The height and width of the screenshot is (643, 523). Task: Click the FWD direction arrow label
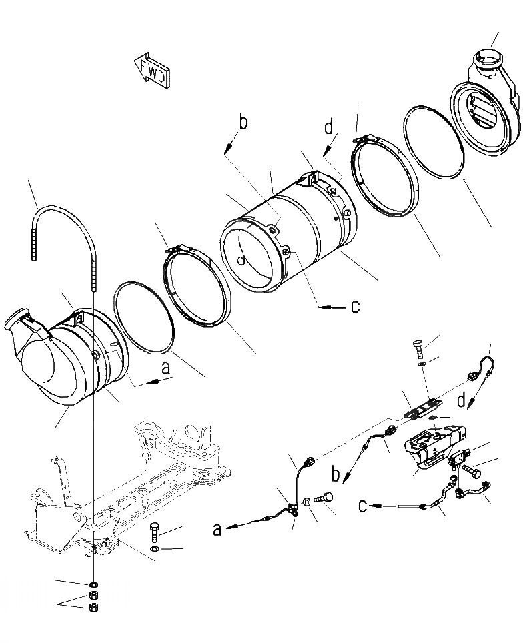point(151,70)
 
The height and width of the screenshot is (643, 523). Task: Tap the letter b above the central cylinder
point(243,123)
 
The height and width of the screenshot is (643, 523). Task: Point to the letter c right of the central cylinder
point(355,307)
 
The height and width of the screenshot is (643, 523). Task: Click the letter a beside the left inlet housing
point(167,367)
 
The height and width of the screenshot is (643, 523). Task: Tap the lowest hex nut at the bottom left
point(94,607)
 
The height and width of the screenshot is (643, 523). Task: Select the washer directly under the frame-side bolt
point(155,549)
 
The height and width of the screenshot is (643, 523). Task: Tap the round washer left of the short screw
point(306,500)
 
